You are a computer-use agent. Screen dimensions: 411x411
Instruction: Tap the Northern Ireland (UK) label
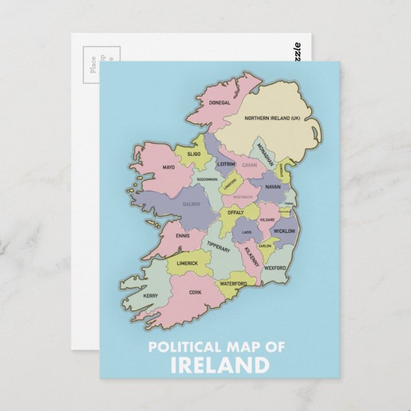[273, 118]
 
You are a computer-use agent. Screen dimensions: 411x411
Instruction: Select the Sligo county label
[194, 154]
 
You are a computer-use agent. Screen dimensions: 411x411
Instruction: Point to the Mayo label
[168, 168]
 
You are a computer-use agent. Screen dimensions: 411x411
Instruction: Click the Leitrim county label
[226, 164]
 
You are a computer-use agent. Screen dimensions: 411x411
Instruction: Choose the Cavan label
[249, 165]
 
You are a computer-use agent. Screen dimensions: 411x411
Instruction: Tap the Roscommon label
[207, 180]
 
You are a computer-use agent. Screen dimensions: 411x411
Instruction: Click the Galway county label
[191, 204]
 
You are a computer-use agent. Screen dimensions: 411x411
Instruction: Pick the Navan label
[273, 187]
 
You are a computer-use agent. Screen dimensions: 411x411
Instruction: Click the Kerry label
[151, 296]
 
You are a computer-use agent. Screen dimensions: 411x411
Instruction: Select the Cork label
[195, 293]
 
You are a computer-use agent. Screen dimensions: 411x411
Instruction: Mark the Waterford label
[233, 283]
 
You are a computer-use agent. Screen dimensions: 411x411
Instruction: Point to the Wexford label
[275, 269]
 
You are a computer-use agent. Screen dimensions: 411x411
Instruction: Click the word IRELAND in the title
[217, 365]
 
